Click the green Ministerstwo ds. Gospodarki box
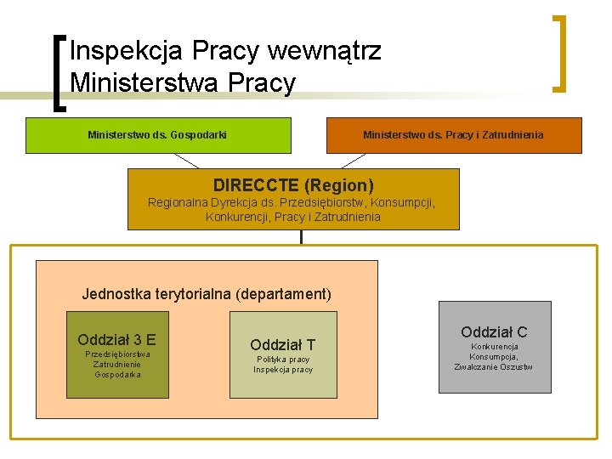coord(157,135)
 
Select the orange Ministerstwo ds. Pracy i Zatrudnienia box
coord(454,135)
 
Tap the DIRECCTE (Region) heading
coord(293,184)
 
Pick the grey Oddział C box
coord(494,346)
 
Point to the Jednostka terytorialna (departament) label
coord(207,294)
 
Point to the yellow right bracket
coord(559,53)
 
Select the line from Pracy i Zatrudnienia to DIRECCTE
coord(353,161)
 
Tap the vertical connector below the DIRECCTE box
coord(301,237)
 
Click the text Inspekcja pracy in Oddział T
coord(283,370)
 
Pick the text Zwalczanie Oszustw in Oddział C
coord(494,367)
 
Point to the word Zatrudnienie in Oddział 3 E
coord(117,364)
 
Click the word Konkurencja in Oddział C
coord(494,347)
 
